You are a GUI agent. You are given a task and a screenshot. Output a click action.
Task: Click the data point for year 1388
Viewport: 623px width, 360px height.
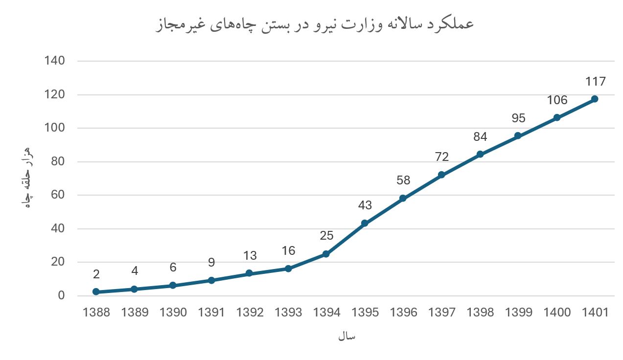point(96,292)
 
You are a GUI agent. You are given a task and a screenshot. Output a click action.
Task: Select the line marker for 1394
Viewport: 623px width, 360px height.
point(326,254)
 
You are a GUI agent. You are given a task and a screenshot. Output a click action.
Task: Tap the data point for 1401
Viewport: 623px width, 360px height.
point(595,99)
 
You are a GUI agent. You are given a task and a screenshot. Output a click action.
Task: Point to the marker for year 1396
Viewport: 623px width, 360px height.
point(403,198)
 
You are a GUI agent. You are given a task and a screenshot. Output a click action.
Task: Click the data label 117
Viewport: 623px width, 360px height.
point(596,82)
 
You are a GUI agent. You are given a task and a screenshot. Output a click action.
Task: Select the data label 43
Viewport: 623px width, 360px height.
point(365,205)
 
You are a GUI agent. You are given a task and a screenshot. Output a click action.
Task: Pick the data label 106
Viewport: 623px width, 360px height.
point(557,100)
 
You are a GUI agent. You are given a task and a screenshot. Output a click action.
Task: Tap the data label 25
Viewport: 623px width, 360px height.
point(326,236)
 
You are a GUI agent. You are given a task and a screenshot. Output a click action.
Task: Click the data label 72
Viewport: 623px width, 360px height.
point(441,157)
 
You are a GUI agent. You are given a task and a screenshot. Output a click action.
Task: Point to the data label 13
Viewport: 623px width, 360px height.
point(250,255)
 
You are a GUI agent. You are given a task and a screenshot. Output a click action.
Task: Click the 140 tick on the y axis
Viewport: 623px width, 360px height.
point(54,61)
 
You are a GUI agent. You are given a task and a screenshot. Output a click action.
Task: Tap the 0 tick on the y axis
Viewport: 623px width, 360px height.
point(61,295)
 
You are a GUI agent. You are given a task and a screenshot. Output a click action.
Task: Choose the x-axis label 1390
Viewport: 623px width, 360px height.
point(173,313)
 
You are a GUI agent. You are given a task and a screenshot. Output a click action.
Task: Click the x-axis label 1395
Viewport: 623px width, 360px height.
point(365,313)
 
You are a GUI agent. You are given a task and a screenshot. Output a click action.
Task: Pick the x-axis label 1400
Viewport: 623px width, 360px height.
point(557,313)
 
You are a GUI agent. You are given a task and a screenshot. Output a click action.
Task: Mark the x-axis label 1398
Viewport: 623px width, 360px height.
point(480,313)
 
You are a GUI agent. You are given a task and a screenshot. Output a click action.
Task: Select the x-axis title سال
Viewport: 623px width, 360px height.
point(346,337)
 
